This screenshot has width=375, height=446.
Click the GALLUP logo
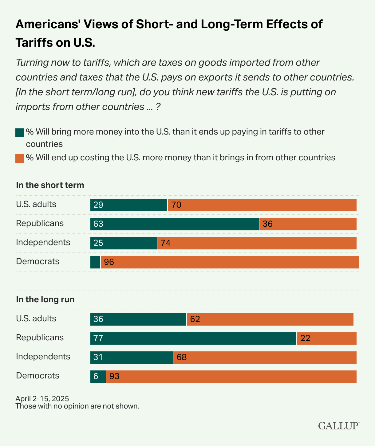pyautogui.click(x=338, y=426)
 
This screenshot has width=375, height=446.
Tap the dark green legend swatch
pyautogui.click(x=20, y=133)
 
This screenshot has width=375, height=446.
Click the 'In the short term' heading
pyautogui.click(x=50, y=185)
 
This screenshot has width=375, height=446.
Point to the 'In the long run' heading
pyautogui.click(x=45, y=299)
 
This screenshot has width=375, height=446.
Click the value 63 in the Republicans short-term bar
pyautogui.click(x=98, y=224)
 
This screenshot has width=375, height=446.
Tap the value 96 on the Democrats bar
pyautogui.click(x=109, y=262)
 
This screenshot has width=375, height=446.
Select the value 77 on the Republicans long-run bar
pyautogui.click(x=98, y=338)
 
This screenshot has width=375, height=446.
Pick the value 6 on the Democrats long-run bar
pyautogui.click(x=96, y=377)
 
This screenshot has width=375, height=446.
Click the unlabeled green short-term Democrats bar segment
pyautogui.click(x=95, y=262)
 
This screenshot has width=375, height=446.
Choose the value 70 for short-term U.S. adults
pyautogui.click(x=176, y=205)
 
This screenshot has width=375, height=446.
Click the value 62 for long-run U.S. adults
pyautogui.click(x=195, y=319)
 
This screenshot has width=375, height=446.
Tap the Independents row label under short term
pyautogui.click(x=43, y=242)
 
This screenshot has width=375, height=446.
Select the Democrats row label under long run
pyautogui.click(x=37, y=376)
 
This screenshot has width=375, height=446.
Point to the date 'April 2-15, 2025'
pyautogui.click(x=42, y=399)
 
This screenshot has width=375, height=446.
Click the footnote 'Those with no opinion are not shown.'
pyautogui.click(x=77, y=406)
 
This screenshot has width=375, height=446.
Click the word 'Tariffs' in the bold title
pyautogui.click(x=34, y=42)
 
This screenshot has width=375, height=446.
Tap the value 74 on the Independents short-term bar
pyautogui.click(x=166, y=243)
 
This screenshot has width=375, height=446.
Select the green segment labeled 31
pyautogui.click(x=132, y=358)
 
